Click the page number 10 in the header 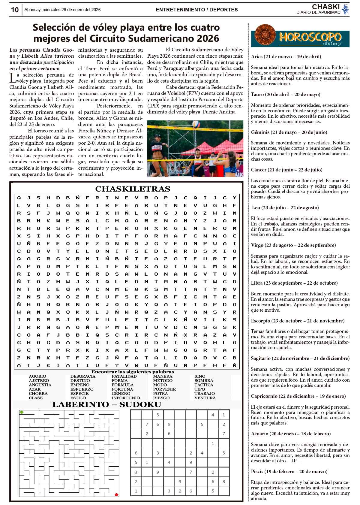click(15, 10)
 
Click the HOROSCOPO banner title click(310, 37)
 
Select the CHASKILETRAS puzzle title click(133, 189)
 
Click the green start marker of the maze click(22, 412)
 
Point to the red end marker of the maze click(116, 494)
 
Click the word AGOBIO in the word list click(37, 376)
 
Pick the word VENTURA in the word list click(205, 398)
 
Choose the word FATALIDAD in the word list click(124, 376)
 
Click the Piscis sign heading click(289, 471)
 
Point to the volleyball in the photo click(196, 124)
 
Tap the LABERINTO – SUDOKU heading click(106, 404)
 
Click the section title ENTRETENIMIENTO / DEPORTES click(197, 10)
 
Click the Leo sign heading click(285, 207)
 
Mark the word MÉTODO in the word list click(163, 380)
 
